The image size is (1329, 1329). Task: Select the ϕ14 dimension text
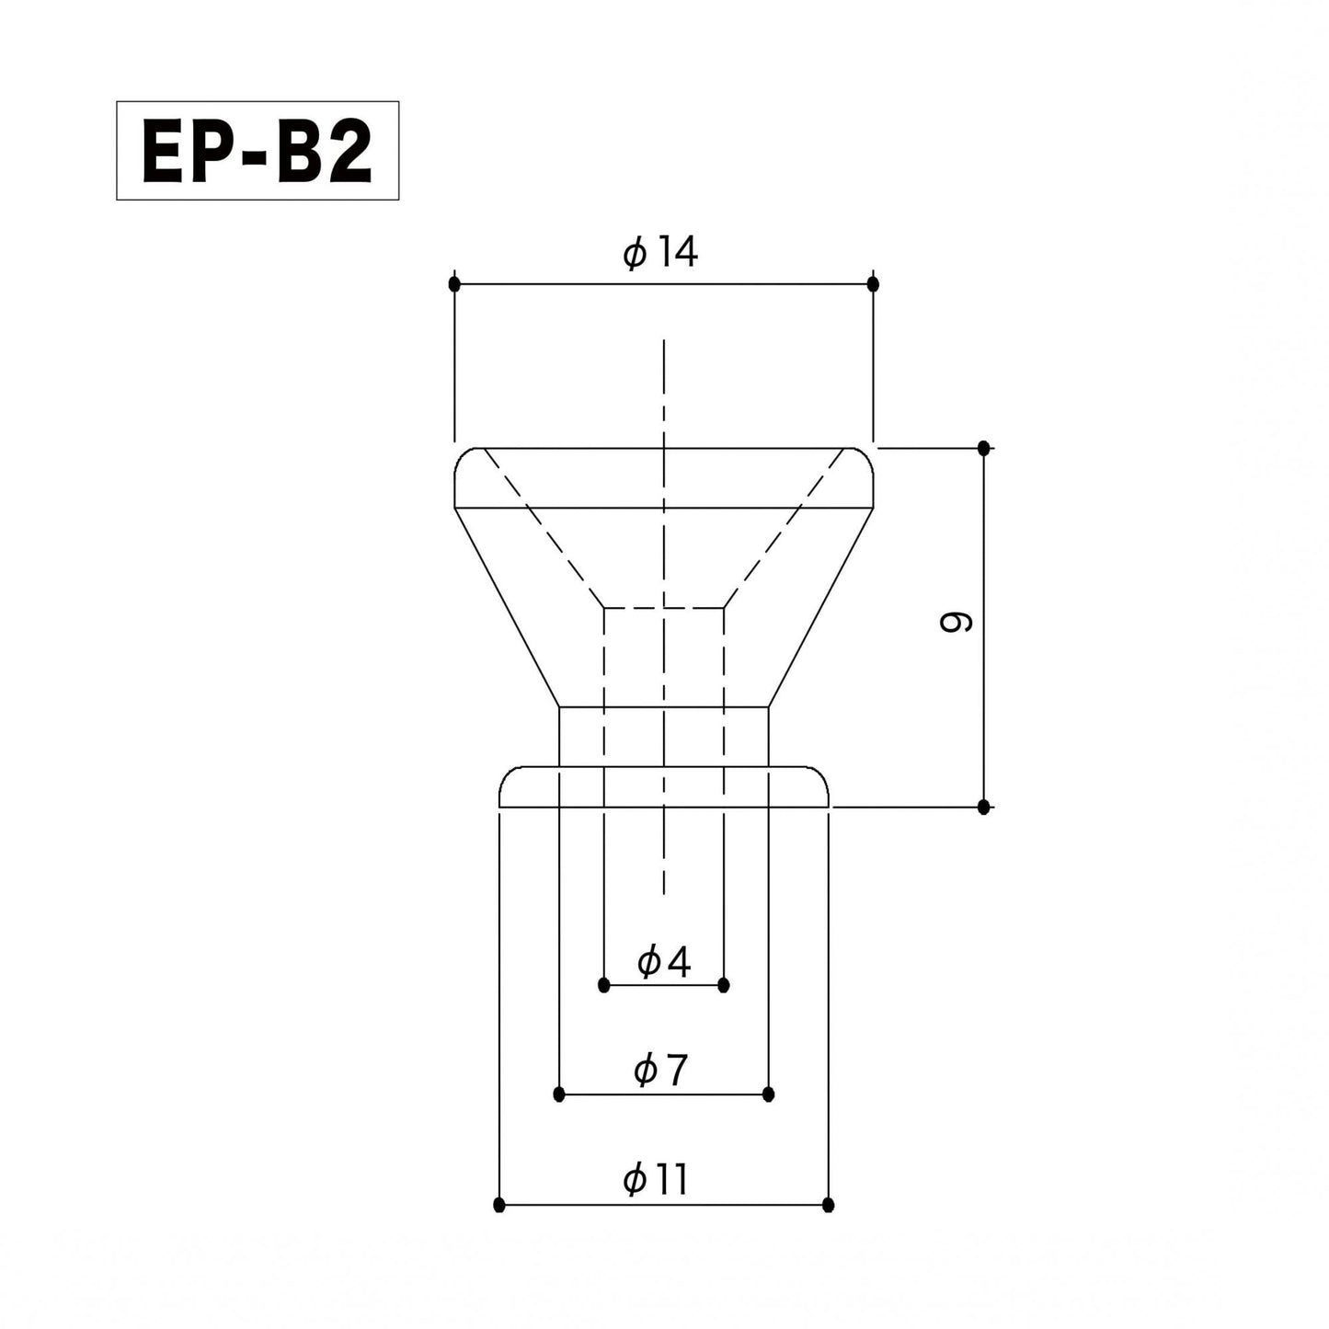tap(660, 252)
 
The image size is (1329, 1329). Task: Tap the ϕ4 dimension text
tap(663, 962)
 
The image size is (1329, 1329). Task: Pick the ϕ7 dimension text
tap(660, 1070)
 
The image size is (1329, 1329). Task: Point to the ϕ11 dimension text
tap(656, 1179)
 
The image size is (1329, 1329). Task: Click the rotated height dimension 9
tap(957, 623)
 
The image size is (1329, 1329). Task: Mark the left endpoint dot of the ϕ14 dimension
tap(454, 283)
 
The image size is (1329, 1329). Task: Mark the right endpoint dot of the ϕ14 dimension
tap(873, 283)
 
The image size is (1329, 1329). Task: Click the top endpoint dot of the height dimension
tap(984, 448)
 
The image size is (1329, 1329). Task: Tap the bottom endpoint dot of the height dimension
tap(984, 807)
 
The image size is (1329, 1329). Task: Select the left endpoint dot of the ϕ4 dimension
tap(604, 985)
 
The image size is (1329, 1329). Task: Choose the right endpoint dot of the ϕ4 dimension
tap(724, 985)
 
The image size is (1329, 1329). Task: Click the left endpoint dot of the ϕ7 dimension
tap(559, 1094)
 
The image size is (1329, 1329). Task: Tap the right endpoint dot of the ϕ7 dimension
tap(769, 1094)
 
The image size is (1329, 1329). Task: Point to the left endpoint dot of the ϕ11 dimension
tap(499, 1204)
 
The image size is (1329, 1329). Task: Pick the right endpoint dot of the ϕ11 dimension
tap(829, 1204)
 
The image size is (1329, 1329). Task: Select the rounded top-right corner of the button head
tap(864, 458)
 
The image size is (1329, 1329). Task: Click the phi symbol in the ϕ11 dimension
tap(635, 1180)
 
